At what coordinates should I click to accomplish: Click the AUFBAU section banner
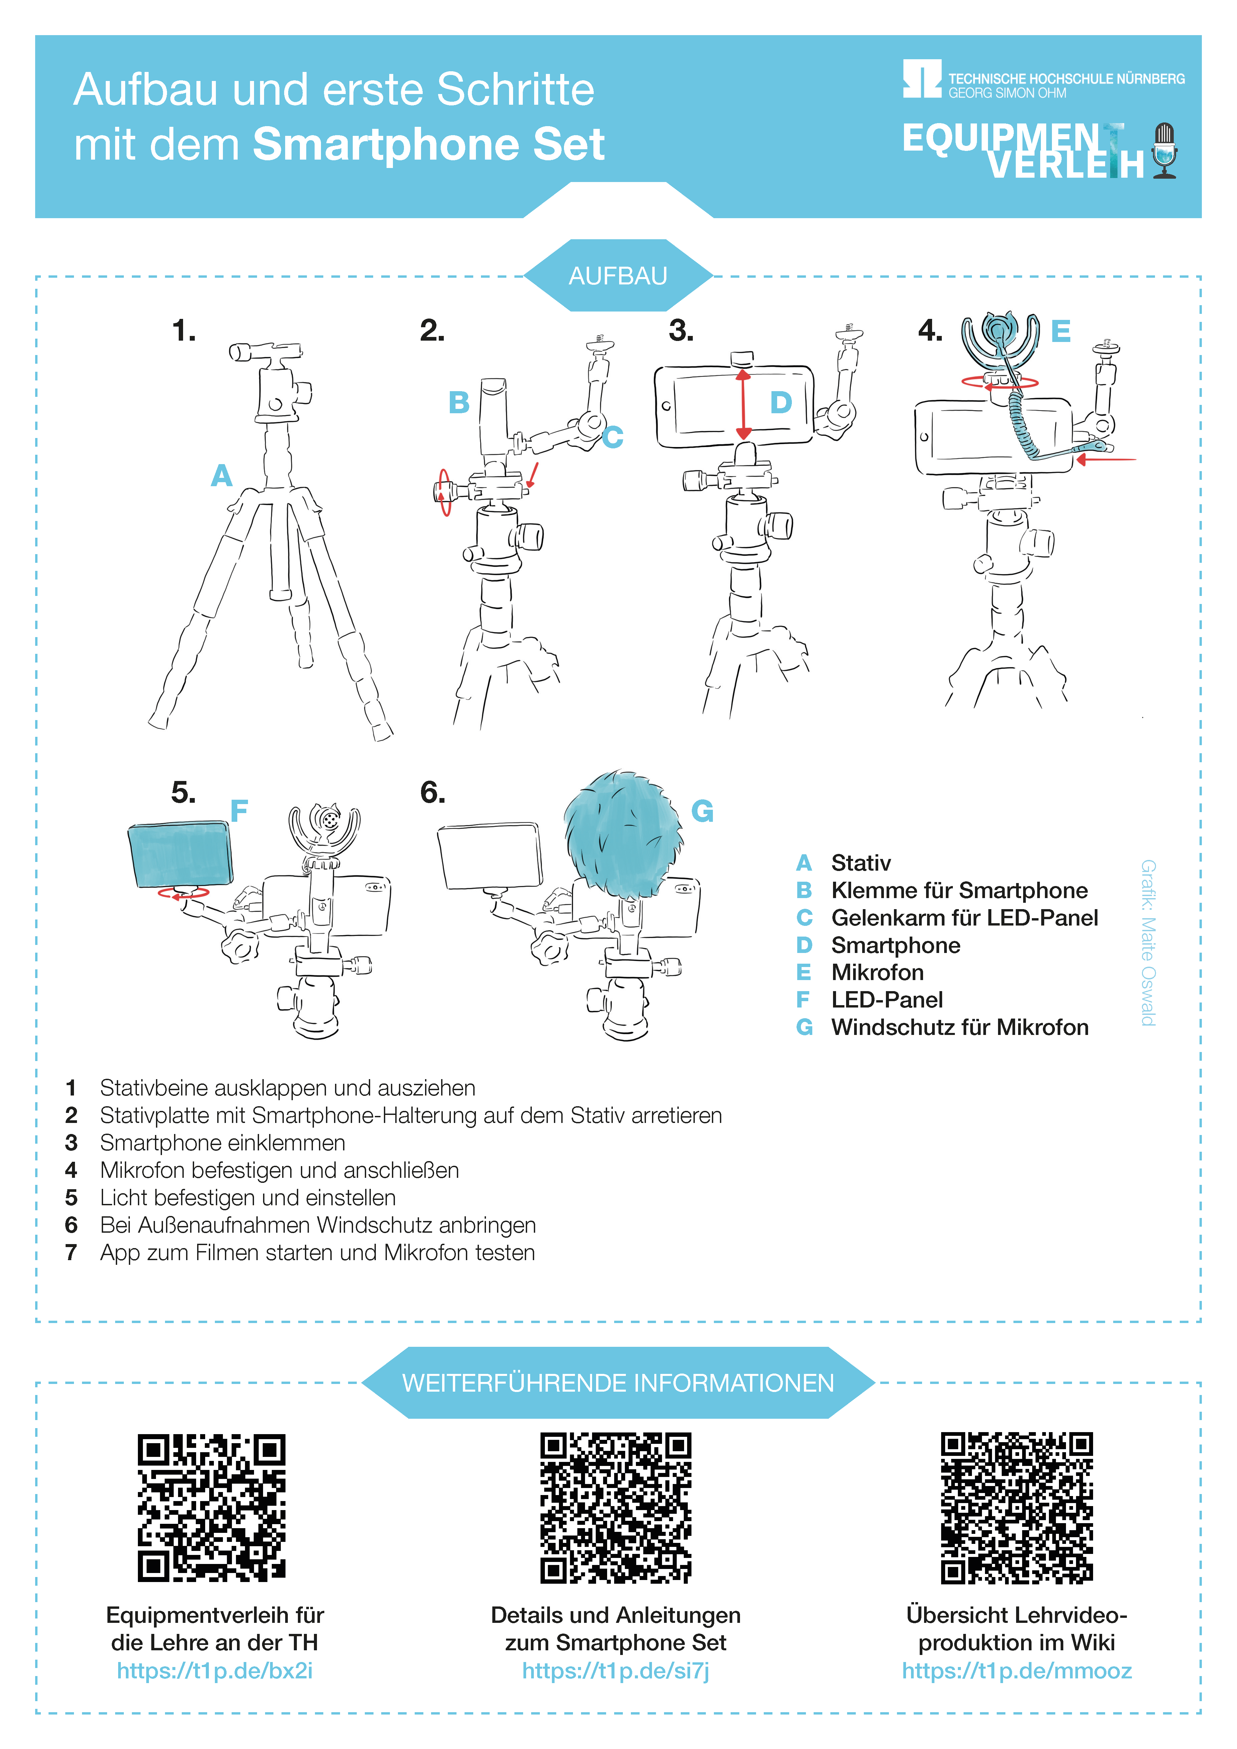click(618, 275)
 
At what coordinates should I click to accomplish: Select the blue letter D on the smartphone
click(781, 402)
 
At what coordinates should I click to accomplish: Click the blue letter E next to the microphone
click(1061, 331)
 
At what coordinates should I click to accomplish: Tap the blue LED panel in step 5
click(181, 854)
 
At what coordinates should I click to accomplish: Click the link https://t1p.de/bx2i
click(215, 1671)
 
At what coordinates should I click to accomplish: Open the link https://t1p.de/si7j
click(616, 1671)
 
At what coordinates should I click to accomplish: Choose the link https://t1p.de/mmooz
click(1017, 1671)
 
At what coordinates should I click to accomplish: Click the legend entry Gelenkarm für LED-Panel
click(947, 918)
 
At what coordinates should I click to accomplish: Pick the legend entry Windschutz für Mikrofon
click(943, 1028)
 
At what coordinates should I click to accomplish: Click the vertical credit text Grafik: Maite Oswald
click(1148, 943)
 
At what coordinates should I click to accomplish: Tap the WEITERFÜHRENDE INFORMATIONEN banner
click(618, 1383)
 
